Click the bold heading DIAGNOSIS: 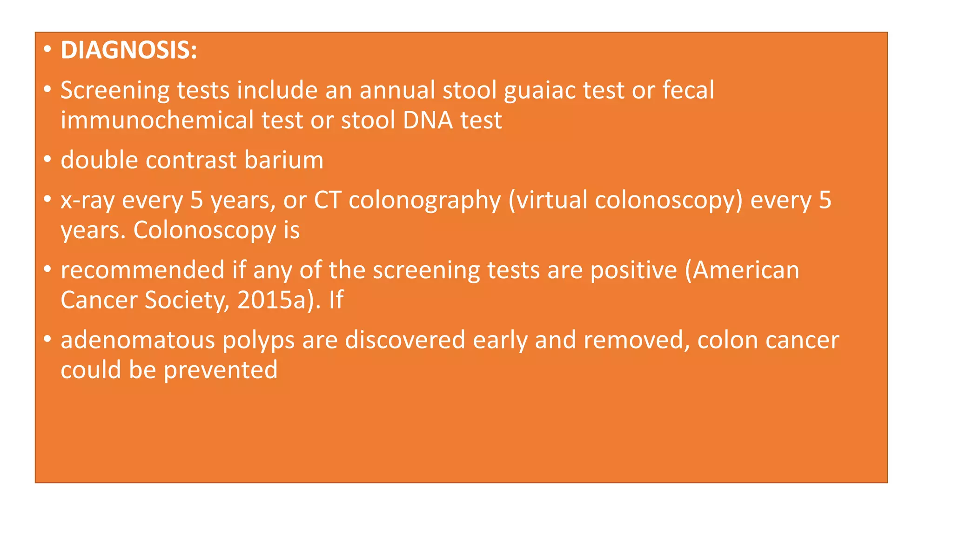[129, 50]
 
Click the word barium [283, 160]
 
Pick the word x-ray [87, 200]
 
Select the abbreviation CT [328, 200]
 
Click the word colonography [424, 200]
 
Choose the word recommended [143, 270]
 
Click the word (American [742, 270]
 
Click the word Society [187, 300]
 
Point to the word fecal [688, 90]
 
